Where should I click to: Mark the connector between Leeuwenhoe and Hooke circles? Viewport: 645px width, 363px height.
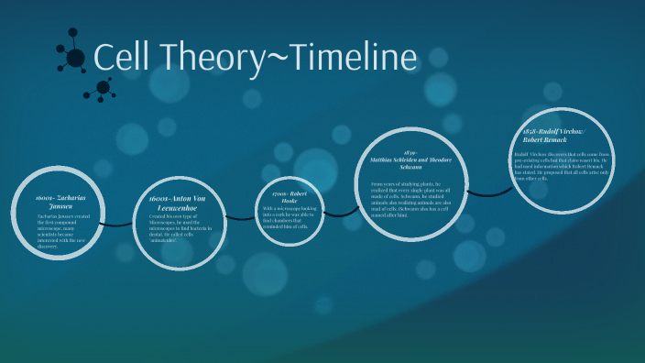pyautogui.click(x=242, y=217)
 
